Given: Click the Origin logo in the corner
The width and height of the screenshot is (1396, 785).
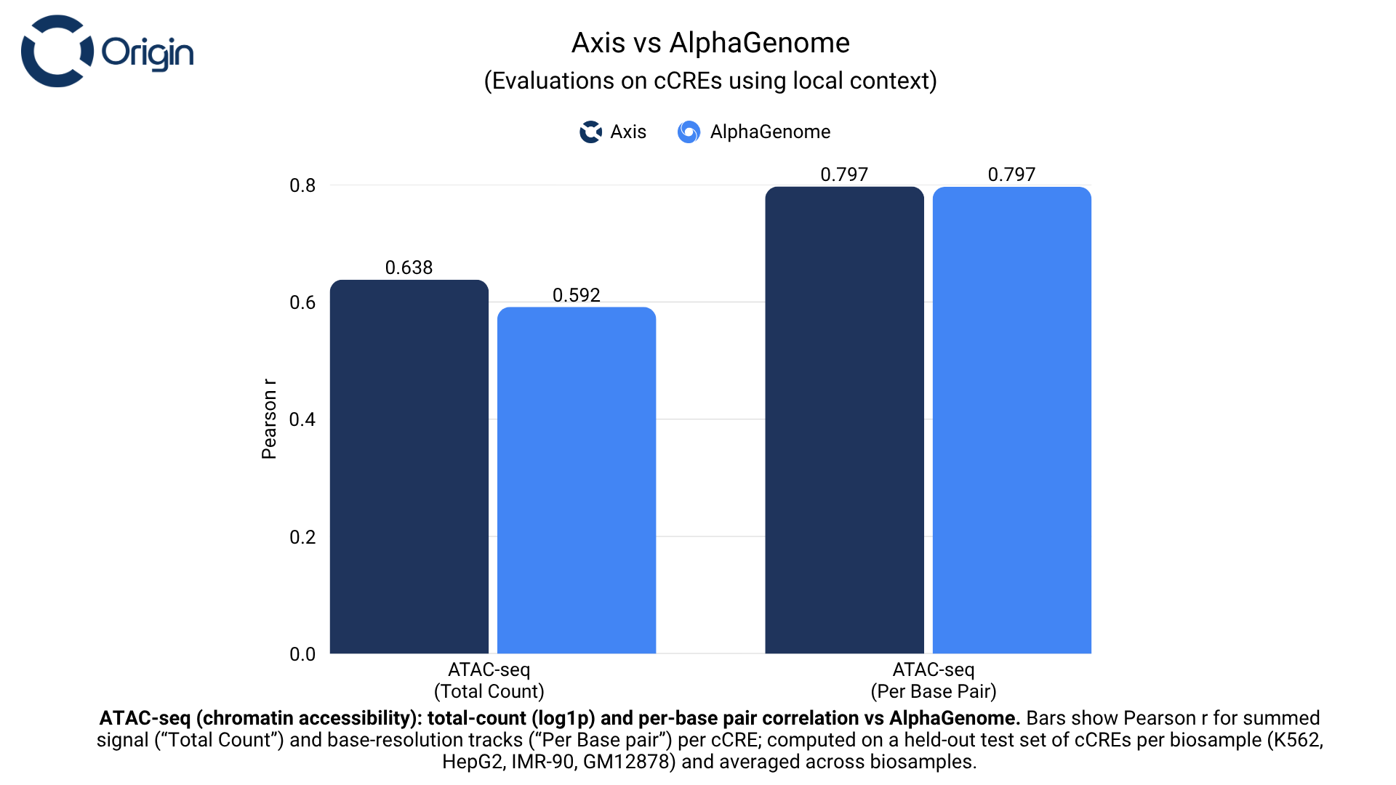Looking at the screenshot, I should coord(108,52).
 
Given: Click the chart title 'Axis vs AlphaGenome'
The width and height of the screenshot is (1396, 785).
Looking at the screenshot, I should coord(710,43).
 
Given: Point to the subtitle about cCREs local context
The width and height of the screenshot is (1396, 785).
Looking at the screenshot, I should coord(710,81).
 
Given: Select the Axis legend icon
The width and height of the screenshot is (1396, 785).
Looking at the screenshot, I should coord(590,132).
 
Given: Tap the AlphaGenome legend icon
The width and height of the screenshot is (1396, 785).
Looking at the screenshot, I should coord(689,132).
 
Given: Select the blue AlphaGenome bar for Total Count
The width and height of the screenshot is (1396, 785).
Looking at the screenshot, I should coord(577,480).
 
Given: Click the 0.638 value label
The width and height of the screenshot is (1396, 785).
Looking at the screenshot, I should coord(409,267).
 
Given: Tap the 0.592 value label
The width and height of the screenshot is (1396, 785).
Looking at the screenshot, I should coord(576,295).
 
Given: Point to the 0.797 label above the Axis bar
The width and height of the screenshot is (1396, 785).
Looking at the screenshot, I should coord(844,174).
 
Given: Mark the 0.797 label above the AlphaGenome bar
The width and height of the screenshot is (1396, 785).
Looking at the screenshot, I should coord(1011,174).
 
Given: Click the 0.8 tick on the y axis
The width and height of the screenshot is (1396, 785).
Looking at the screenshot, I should coord(302,185).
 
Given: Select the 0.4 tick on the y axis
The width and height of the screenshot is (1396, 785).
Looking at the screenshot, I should coord(302,419).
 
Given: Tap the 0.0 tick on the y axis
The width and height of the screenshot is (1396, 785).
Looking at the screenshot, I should coord(302,654).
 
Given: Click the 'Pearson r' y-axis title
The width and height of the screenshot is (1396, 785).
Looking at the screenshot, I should coord(269,419).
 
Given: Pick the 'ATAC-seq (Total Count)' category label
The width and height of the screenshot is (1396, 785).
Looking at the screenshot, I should coord(489,680).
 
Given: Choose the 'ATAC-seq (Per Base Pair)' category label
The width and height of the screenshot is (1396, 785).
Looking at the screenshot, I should coord(934,680).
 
